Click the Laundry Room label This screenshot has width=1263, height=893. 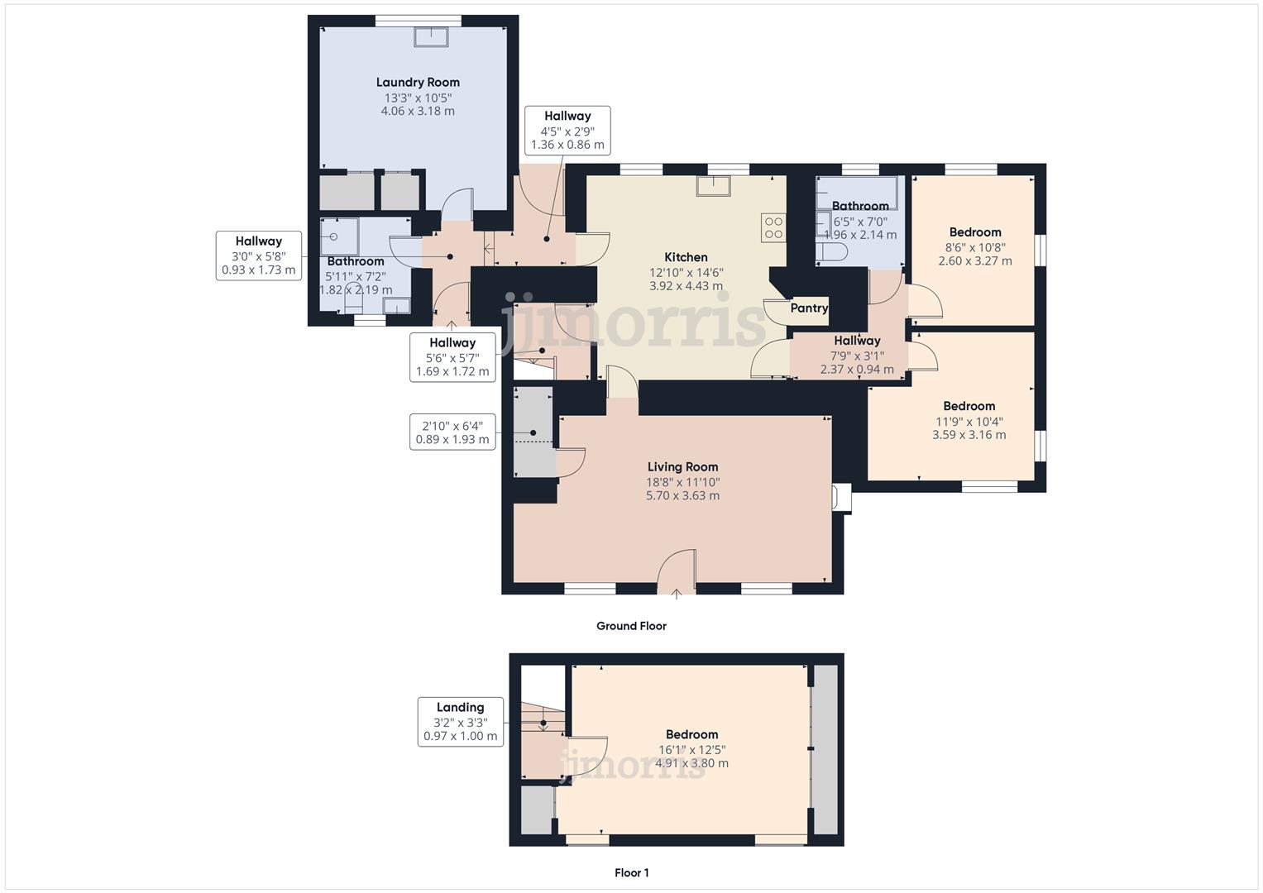(x=418, y=82)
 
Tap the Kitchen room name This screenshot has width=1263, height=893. (x=686, y=257)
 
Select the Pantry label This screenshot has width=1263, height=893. (x=808, y=308)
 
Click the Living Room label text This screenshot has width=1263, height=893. (x=682, y=467)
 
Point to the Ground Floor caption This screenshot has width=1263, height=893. (x=631, y=626)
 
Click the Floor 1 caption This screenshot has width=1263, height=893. (x=631, y=872)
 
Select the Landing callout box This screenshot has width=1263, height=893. (x=461, y=722)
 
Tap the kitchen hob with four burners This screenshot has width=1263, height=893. (x=773, y=227)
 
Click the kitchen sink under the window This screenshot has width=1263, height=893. (x=713, y=186)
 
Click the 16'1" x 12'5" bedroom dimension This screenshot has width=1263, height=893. (x=691, y=750)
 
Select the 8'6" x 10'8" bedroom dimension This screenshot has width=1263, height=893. (x=975, y=246)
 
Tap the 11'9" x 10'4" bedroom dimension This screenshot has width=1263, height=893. (x=969, y=421)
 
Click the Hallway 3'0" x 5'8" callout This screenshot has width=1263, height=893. (x=258, y=255)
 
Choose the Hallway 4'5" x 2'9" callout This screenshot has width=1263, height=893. (x=567, y=131)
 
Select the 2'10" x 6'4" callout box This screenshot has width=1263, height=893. (x=452, y=432)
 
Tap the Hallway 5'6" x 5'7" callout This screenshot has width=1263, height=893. (x=452, y=357)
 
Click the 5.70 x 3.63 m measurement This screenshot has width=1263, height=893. (x=682, y=496)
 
